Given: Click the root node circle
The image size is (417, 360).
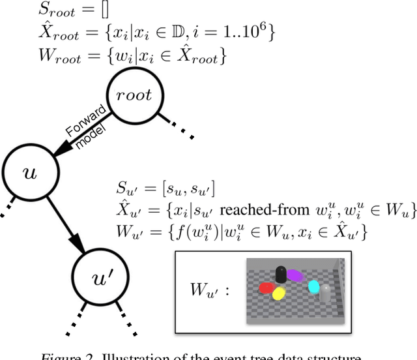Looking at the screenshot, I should coord(134,96).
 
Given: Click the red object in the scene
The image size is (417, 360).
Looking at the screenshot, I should coord(267,288).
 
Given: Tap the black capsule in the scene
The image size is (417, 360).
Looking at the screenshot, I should coord(281,274).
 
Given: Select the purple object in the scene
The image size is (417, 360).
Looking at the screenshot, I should coord(295,276).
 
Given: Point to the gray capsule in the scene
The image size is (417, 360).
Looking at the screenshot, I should coord(325,292).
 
